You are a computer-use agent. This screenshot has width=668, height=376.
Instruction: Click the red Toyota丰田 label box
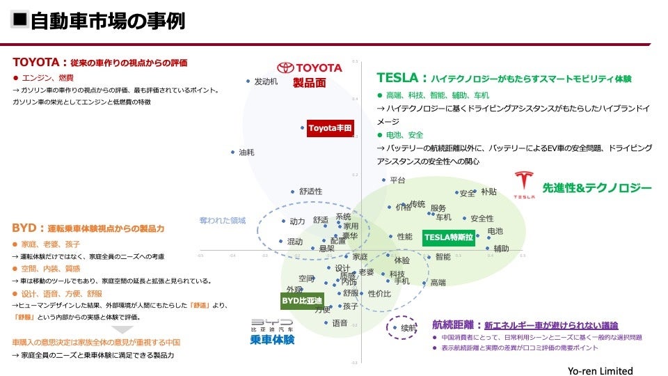coord(331,128)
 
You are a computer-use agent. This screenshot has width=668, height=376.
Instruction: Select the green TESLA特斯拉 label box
coord(449,237)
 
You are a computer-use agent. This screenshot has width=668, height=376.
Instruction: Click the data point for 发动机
coord(248,81)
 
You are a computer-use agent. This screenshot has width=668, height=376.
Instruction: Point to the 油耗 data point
coord(233,152)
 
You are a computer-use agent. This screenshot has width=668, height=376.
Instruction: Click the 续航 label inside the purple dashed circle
coord(408,328)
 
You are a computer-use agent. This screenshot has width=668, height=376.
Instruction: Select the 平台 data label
coord(397,180)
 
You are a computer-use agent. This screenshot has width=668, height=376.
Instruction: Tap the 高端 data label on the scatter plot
coord(438,283)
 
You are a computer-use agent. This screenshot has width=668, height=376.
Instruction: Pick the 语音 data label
coord(340,323)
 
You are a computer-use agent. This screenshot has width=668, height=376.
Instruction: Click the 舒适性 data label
coord(310,191)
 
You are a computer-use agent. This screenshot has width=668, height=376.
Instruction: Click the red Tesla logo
coord(524,185)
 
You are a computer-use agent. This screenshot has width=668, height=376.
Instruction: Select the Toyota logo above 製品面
coord(310,68)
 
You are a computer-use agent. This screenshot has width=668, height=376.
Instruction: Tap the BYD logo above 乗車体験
coord(272,324)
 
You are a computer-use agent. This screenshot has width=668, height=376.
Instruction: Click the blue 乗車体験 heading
coord(272,340)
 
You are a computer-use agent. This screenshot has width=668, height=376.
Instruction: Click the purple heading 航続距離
coord(456,324)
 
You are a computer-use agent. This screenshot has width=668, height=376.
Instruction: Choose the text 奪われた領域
coord(223,221)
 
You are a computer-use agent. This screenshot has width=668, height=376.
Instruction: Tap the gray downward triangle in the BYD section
coord(123,329)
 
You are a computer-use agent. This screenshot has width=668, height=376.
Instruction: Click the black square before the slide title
coord(21,19)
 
